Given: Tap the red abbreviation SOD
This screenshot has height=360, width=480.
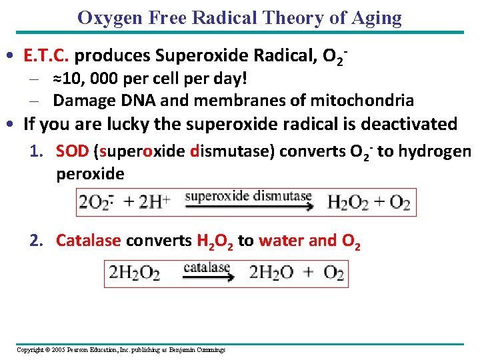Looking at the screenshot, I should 73,152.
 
